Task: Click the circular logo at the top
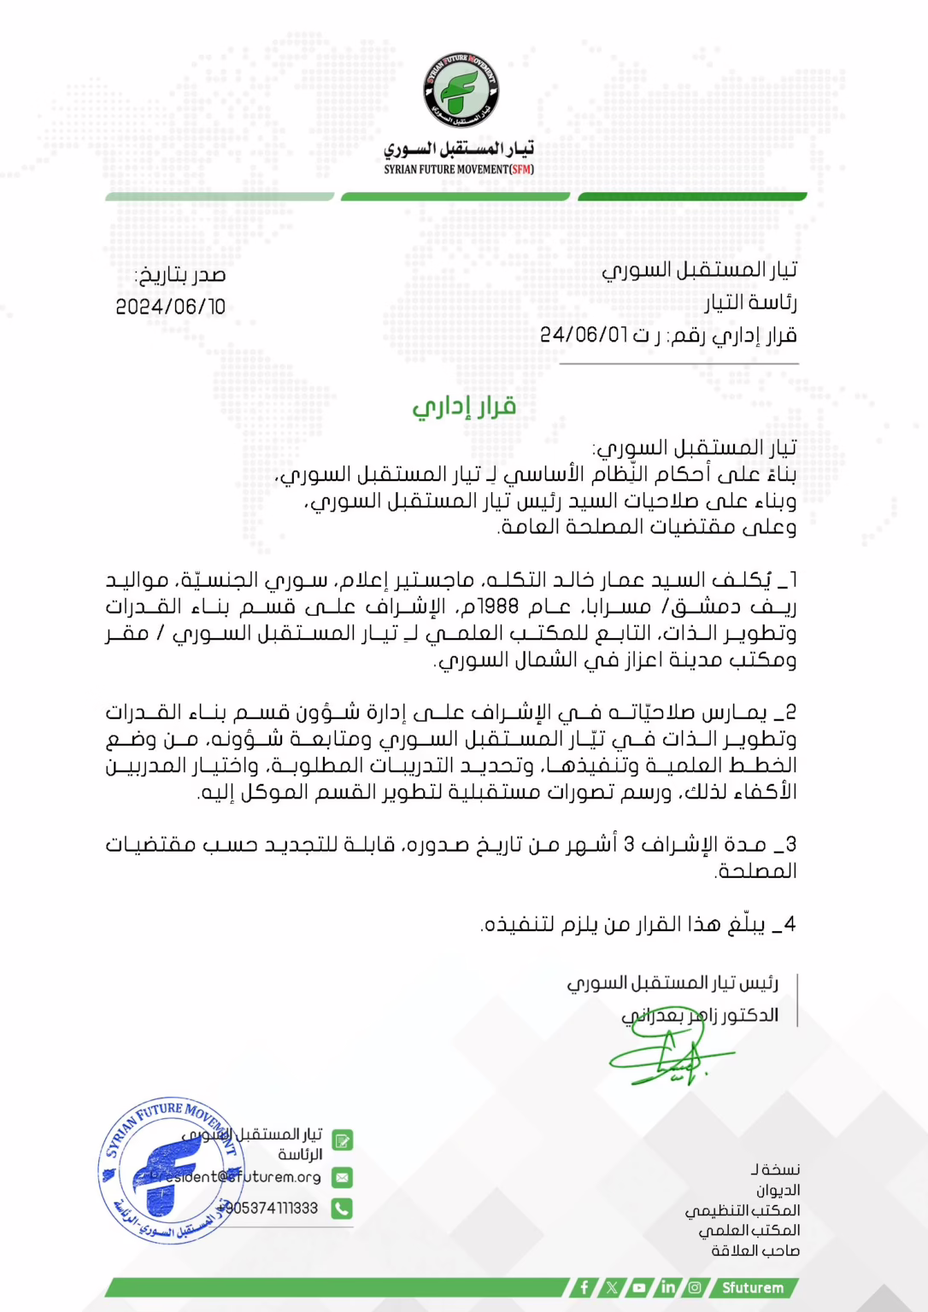[461, 91]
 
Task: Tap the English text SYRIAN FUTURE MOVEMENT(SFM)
[459, 169]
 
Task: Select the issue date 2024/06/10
[171, 307]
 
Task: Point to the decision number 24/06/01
[584, 334]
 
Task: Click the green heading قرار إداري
[464, 407]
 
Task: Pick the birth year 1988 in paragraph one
[500, 606]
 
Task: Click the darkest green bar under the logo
[692, 196]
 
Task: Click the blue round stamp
[167, 1170]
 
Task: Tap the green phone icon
[342, 1209]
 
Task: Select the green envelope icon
[342, 1177]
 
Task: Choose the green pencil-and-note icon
[342, 1140]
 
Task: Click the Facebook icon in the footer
[584, 1287]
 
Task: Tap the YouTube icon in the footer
[639, 1287]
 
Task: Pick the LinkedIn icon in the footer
[667, 1287]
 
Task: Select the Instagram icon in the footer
[695, 1287]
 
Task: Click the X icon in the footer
[612, 1287]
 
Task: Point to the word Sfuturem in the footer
[752, 1287]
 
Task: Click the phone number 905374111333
[273, 1209]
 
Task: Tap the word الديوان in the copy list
[778, 1190]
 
